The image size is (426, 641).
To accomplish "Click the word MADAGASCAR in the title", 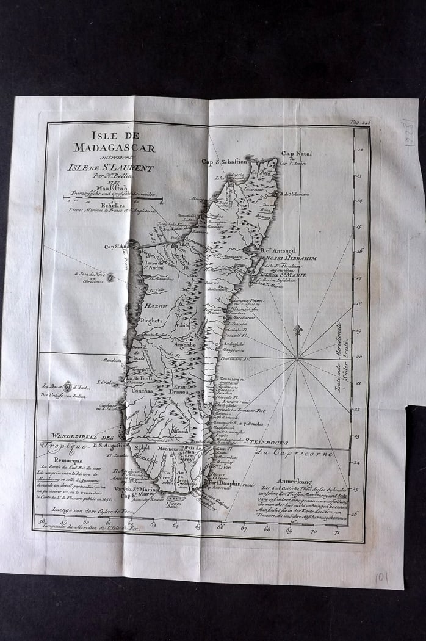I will point(114,147).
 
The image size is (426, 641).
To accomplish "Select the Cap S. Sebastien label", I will point(224,162).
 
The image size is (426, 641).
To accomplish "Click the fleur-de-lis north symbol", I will point(298,330).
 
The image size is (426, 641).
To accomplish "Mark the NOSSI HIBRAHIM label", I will point(291,258).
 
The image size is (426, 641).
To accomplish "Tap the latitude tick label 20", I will point(359,357).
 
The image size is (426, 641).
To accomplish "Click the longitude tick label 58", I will point(42,521).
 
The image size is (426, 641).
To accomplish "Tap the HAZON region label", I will point(157,305).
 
